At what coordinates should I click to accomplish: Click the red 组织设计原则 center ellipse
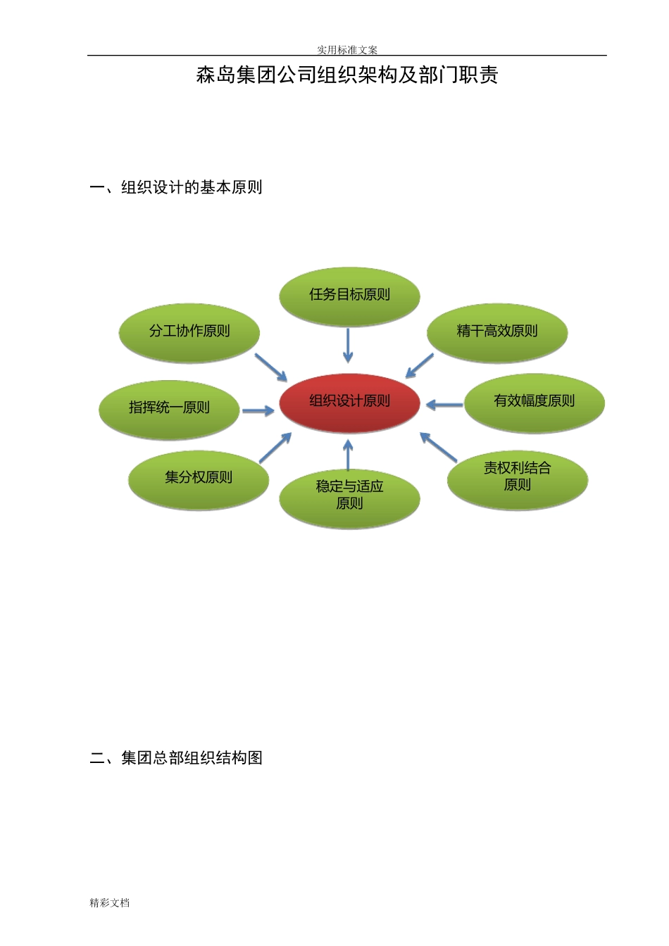(x=349, y=403)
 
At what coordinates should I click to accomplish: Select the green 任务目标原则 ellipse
(x=349, y=296)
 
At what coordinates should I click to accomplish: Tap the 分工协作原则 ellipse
(x=189, y=332)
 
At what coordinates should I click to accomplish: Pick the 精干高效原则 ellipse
(x=497, y=332)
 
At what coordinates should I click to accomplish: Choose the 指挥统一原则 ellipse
(x=169, y=409)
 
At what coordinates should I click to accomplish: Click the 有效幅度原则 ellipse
(x=534, y=402)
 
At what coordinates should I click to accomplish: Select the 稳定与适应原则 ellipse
(x=349, y=496)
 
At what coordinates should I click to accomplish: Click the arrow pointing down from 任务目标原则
(x=348, y=346)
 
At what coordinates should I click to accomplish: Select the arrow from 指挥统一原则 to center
(x=258, y=410)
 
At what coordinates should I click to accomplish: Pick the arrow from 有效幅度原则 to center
(x=444, y=405)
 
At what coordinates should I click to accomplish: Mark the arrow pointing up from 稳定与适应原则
(x=348, y=455)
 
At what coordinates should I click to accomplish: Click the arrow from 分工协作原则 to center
(x=270, y=367)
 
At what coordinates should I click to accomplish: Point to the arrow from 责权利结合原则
(x=439, y=447)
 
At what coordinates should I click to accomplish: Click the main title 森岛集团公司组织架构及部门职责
(x=347, y=75)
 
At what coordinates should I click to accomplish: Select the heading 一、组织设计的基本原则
(x=176, y=187)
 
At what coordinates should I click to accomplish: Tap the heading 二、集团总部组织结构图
(x=176, y=758)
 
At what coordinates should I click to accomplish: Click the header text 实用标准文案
(x=347, y=50)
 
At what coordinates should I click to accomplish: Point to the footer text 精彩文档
(x=110, y=903)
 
